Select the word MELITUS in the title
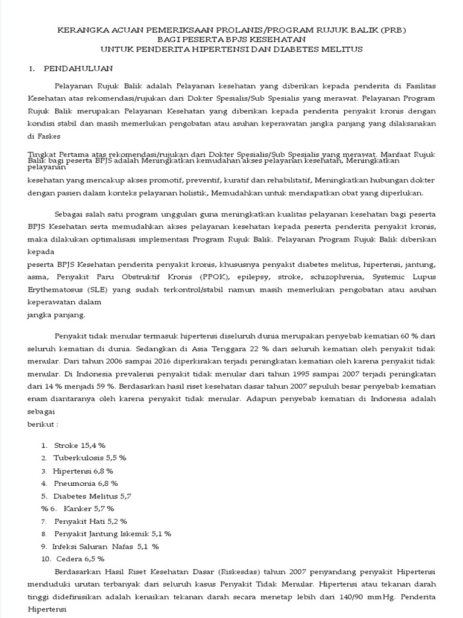(342, 49)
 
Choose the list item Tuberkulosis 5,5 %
(90, 457)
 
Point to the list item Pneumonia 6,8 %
(86, 483)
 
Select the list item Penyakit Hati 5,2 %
(90, 521)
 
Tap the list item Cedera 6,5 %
(80, 559)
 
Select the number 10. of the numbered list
(46, 559)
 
